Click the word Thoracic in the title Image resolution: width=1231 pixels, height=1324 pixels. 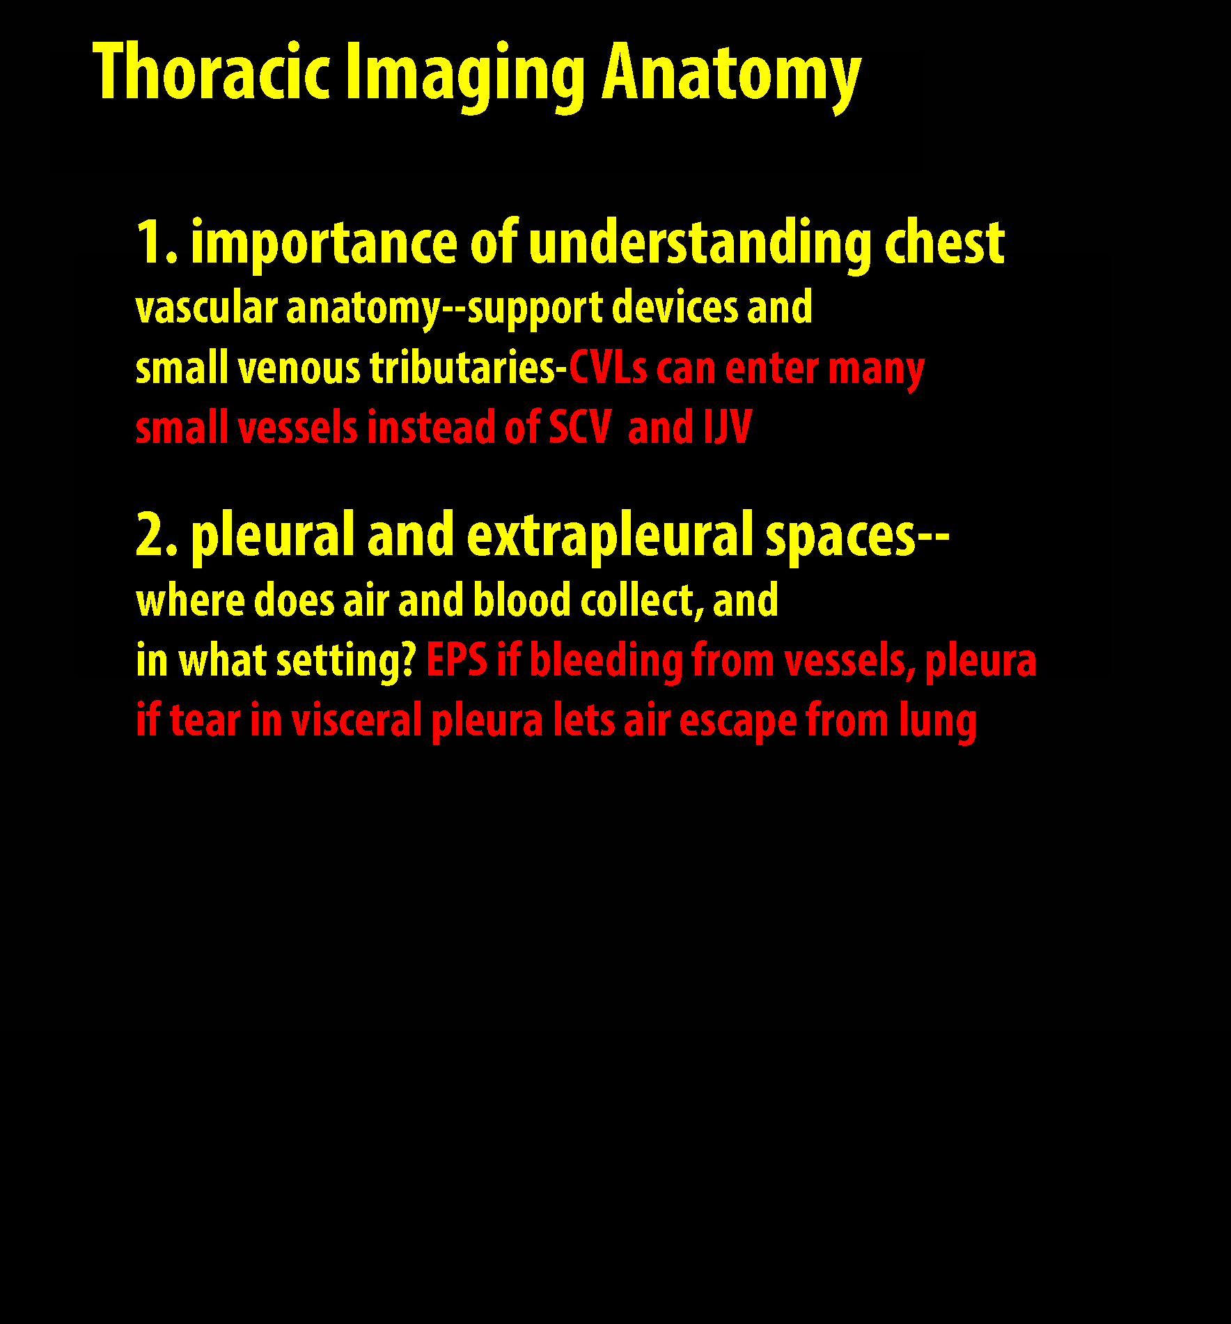tap(211, 72)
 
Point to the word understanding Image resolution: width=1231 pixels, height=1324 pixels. tap(700, 244)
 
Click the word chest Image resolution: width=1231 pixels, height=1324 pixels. tap(944, 243)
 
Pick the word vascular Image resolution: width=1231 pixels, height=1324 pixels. tap(206, 309)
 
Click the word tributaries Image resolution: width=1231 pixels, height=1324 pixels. tap(462, 368)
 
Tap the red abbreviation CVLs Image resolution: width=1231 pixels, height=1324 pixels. tap(608, 368)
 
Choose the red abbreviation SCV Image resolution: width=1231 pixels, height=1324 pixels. tap(580, 427)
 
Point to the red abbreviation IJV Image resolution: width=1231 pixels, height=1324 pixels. tap(728, 427)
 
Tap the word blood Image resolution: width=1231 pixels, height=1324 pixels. tap(522, 600)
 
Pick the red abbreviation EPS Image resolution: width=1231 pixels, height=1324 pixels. tap(457, 660)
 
